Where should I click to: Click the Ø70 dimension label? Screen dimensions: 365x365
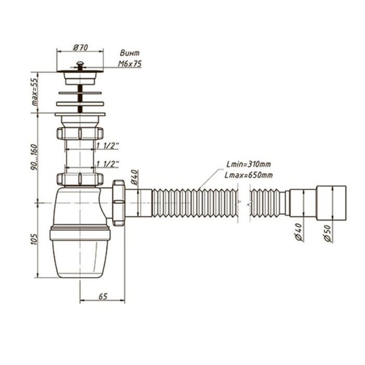click(x=80, y=47)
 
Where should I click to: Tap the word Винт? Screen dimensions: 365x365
click(x=130, y=53)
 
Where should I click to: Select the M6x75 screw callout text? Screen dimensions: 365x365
click(x=130, y=64)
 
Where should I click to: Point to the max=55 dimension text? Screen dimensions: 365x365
click(x=34, y=92)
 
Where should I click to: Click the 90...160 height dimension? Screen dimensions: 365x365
click(x=34, y=157)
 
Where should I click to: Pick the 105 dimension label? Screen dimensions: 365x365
click(x=34, y=239)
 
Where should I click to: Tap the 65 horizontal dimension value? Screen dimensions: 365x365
click(x=103, y=297)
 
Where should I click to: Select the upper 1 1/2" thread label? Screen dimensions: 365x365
click(x=107, y=146)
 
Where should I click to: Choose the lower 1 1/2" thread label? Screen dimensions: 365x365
click(x=107, y=164)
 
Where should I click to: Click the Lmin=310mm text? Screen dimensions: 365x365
click(x=249, y=164)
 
